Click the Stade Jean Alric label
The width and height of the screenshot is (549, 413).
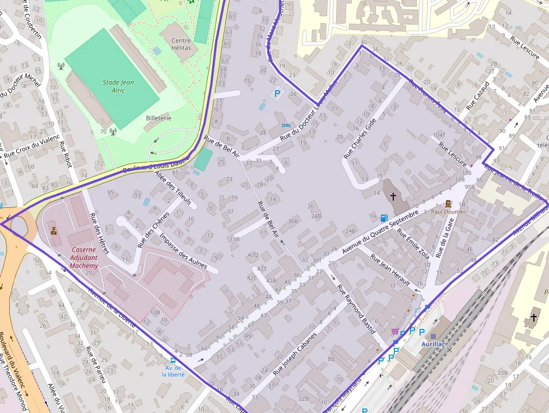[118, 86]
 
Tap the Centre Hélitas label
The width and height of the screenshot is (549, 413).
[181, 44]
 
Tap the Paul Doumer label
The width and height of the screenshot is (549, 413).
[448, 212]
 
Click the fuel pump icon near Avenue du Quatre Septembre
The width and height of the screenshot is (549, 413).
[384, 217]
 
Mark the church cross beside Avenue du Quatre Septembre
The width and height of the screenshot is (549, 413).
[393, 196]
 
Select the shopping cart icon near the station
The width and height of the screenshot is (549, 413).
[396, 332]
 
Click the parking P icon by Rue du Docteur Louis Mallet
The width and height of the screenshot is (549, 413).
[276, 94]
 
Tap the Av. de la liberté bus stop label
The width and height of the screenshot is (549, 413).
[172, 370]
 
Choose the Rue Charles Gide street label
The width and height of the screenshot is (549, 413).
[359, 138]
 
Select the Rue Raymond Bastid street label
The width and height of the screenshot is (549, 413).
[356, 310]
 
